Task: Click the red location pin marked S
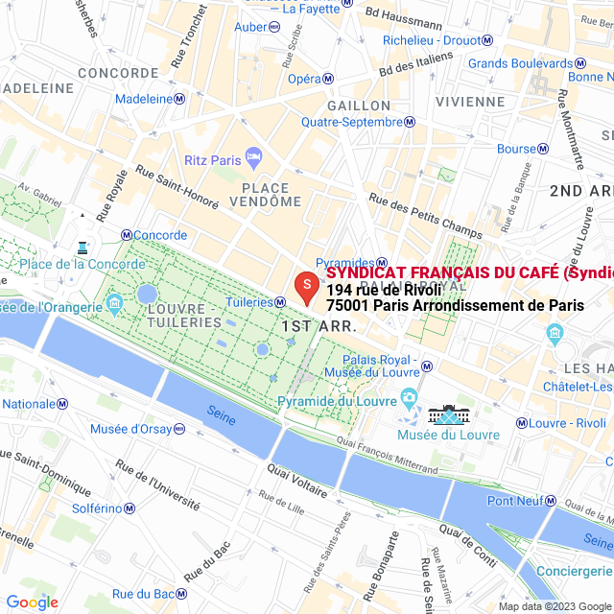305,287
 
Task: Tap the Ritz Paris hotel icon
253,155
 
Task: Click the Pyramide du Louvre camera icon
410,396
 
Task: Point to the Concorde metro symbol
126,235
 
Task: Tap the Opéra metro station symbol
328,79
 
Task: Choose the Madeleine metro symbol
179,99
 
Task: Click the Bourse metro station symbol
543,149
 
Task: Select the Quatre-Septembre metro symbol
410,122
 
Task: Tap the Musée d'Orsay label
135,429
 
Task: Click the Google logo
32,602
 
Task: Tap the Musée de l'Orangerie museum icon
115,304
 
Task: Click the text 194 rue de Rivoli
383,290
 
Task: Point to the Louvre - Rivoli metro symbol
521,423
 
